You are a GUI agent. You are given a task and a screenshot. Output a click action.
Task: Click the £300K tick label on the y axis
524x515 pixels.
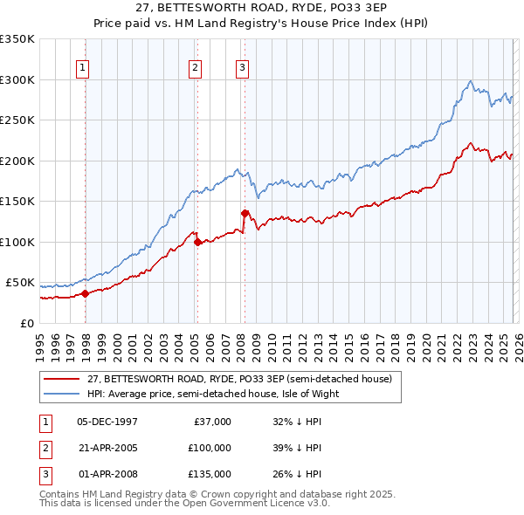(x=17, y=79)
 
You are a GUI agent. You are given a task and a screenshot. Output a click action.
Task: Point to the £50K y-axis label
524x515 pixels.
(x=20, y=283)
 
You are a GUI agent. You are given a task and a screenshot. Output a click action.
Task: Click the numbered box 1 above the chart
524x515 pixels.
(x=82, y=67)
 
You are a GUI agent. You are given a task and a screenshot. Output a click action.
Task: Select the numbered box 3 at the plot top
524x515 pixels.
(x=241, y=67)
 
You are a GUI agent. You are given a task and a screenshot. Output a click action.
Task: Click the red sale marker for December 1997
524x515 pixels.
(x=85, y=293)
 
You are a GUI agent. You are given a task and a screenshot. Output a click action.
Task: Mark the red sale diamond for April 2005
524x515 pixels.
(x=197, y=242)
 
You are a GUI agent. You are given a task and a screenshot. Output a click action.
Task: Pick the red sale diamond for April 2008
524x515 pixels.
(x=245, y=213)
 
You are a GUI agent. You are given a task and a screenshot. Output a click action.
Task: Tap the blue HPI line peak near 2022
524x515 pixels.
(x=471, y=81)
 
